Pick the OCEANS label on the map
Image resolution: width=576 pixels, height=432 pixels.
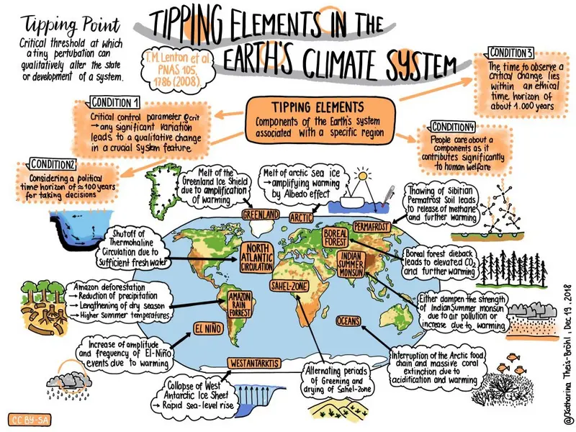coord(350,320)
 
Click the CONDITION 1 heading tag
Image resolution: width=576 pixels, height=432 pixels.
coord(114,102)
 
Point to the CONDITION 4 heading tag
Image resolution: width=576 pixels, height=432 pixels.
coord(454,127)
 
